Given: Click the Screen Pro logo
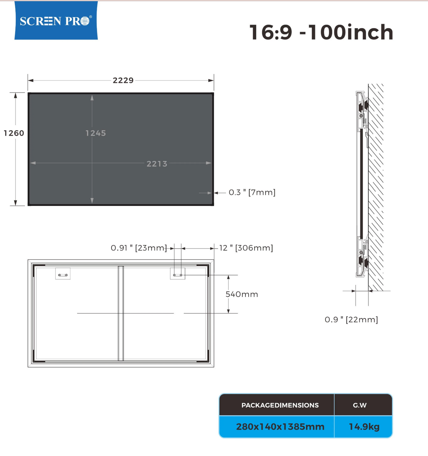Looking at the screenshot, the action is click(x=56, y=20).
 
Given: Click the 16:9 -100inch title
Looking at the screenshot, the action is click(x=321, y=32).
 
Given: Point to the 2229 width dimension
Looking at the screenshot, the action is click(x=123, y=80).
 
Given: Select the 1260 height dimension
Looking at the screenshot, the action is click(x=14, y=133).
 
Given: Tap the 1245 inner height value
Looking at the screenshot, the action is click(x=96, y=133).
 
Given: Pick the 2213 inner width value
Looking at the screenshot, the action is click(x=157, y=164).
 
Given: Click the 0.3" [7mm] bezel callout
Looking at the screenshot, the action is click(x=252, y=192).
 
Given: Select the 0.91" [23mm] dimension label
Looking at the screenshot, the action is click(x=139, y=248).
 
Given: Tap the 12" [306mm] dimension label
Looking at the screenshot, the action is click(x=246, y=248).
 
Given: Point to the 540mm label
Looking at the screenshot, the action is click(x=242, y=294).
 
